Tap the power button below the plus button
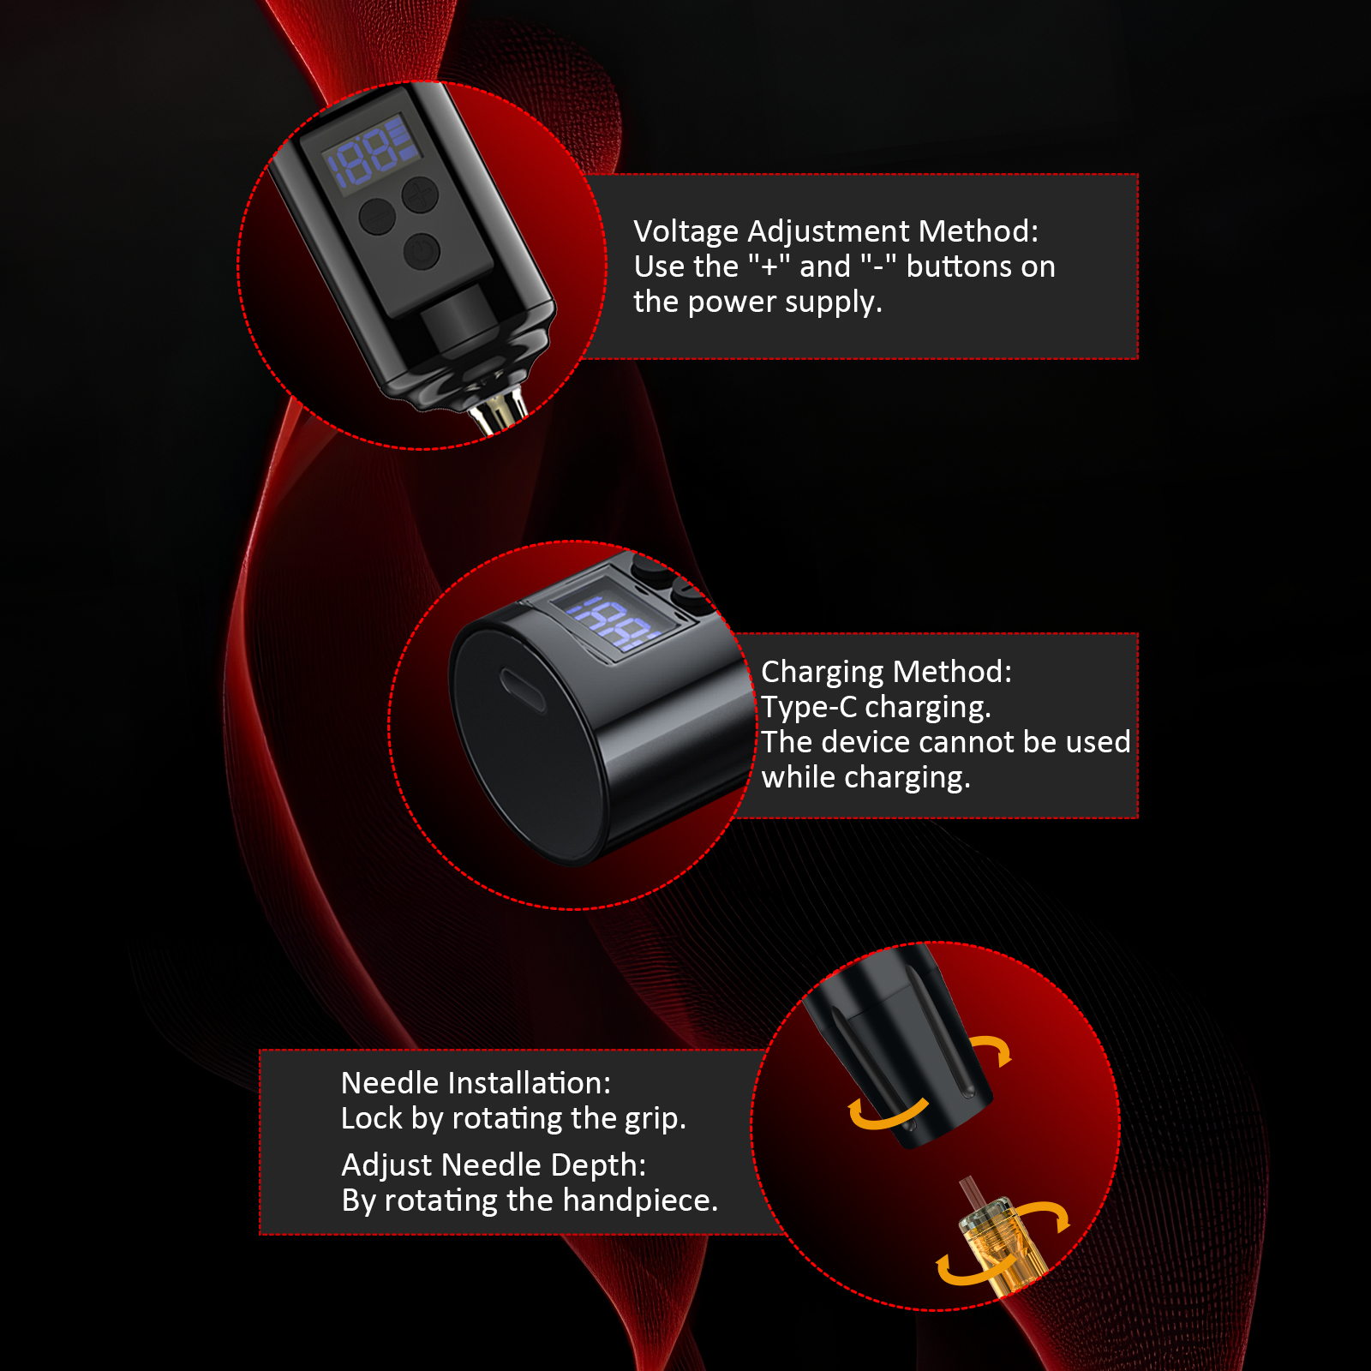(422, 252)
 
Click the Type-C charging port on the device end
(523, 690)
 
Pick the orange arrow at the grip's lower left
(888, 1113)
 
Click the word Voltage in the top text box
(686, 232)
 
